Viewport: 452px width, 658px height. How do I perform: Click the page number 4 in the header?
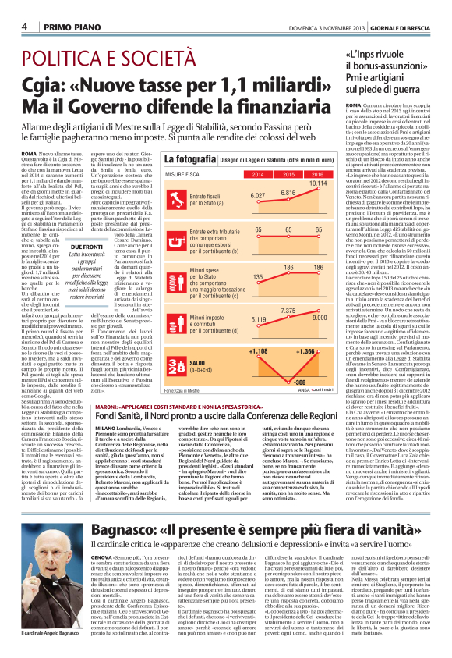[25, 27]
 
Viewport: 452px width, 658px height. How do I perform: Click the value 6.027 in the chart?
[258, 196]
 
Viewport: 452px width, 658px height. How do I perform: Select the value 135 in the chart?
[258, 276]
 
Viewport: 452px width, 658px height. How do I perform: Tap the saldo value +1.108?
[258, 352]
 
